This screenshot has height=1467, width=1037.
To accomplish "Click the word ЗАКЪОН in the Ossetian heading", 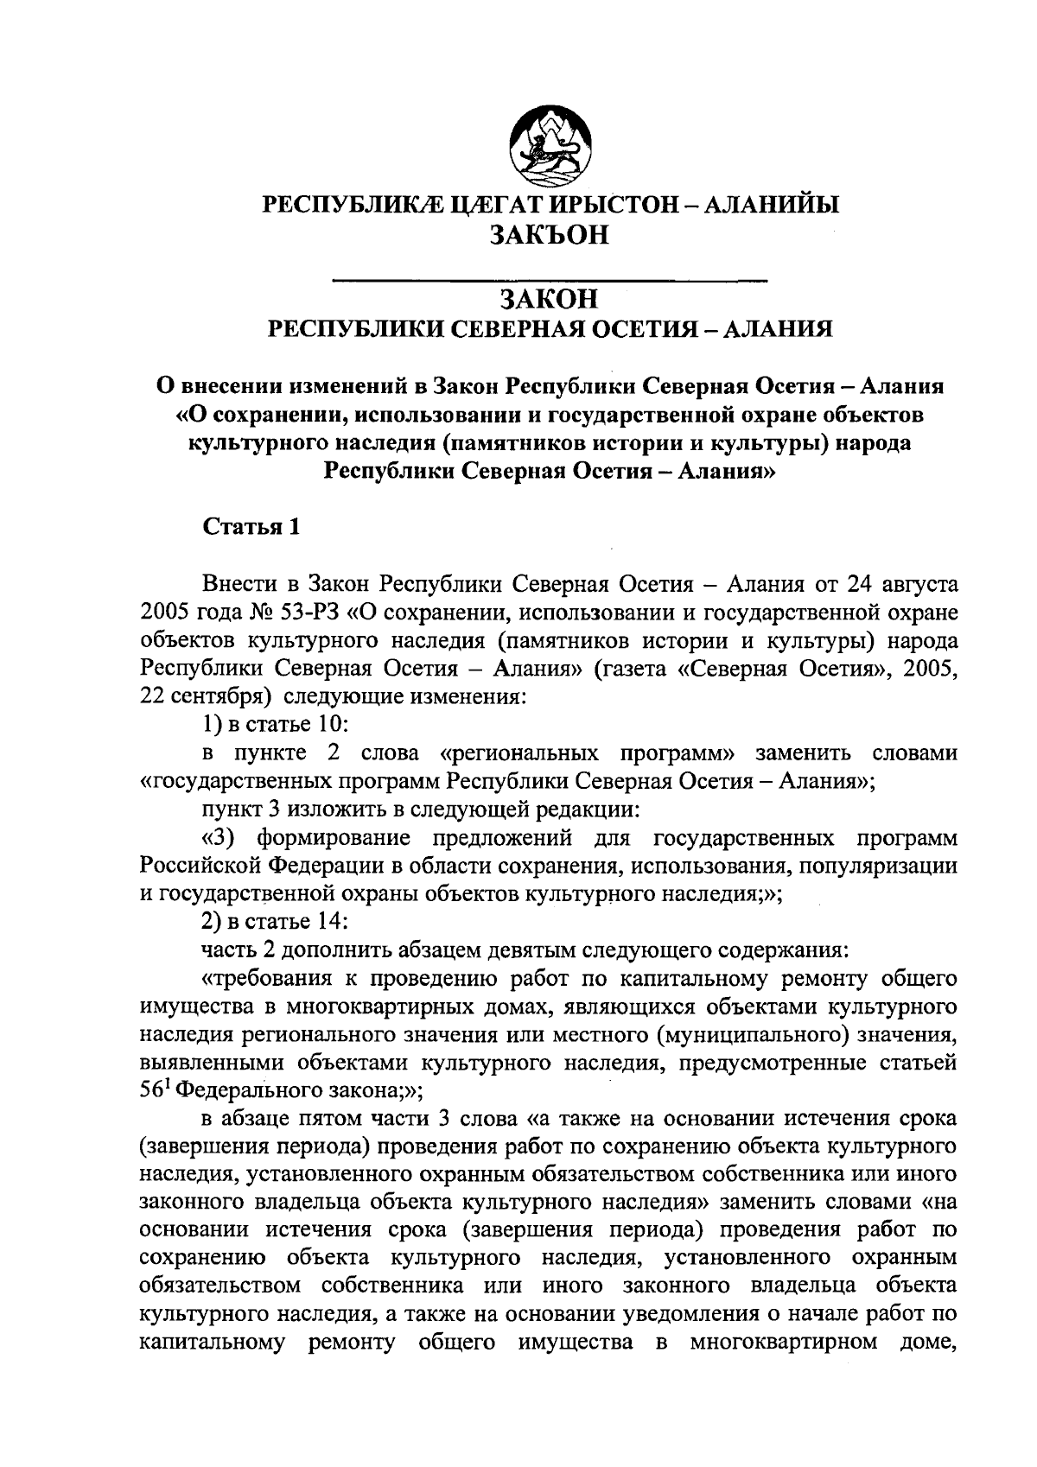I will (x=550, y=234).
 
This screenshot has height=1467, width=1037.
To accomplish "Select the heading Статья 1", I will (x=251, y=527).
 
